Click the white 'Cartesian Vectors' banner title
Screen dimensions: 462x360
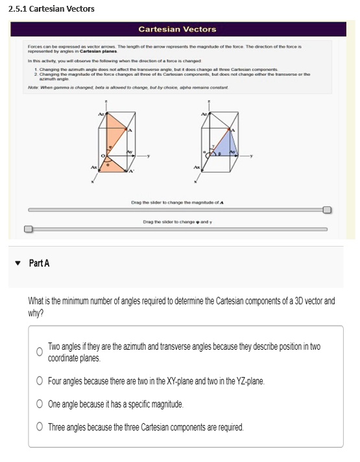177,29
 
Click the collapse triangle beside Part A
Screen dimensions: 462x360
18,263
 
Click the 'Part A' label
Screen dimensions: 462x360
40,263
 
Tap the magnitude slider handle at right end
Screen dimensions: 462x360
327,210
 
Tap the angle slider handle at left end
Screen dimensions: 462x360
28,229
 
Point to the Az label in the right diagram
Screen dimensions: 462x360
206,114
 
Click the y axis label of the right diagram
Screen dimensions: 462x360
254,156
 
